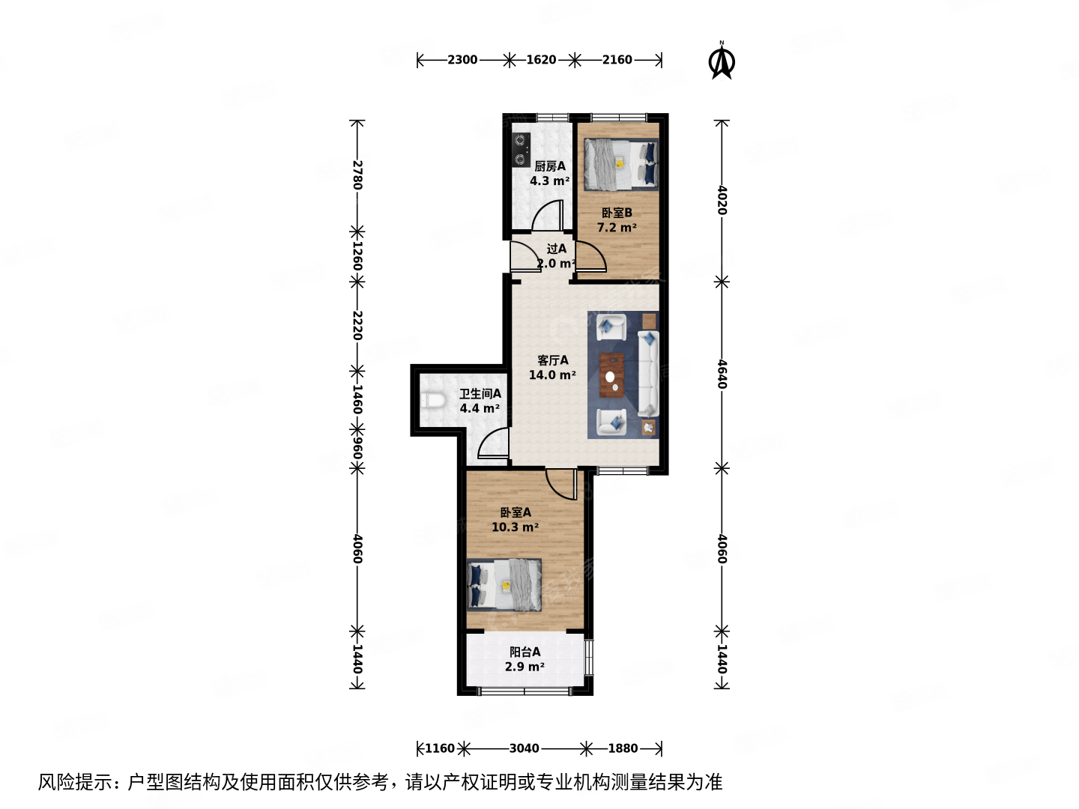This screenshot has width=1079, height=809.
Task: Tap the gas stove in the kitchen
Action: coord(521,149)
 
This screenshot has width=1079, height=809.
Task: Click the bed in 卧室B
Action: coord(620,165)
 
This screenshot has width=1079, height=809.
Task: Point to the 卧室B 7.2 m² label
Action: coord(617,220)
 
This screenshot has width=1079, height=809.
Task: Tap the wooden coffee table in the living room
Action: coord(612,373)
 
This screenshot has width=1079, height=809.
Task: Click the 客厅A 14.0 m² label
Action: coord(552,368)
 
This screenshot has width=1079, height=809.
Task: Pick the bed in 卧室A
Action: coord(504,584)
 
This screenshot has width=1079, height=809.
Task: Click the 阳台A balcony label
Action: coord(525,659)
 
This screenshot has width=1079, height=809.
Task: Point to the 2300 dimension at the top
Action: coord(462,60)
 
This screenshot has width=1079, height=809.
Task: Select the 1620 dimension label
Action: coord(541,60)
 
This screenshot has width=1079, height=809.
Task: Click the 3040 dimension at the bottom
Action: coord(524,748)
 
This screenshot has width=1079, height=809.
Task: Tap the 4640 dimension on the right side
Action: coord(722,374)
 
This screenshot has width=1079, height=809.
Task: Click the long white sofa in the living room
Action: coord(648,373)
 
